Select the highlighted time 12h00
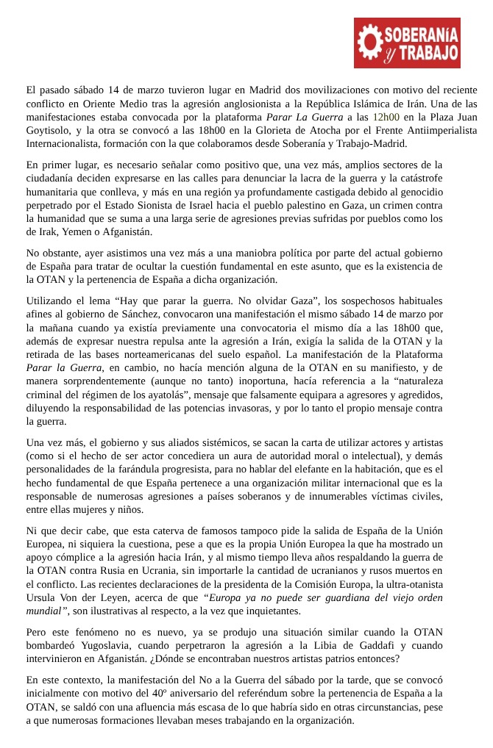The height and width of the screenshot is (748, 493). [386, 117]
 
